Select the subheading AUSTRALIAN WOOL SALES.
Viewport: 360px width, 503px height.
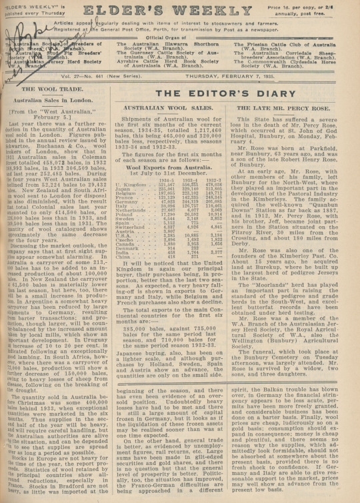point(173,126)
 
